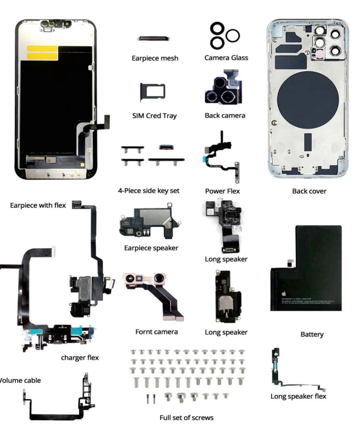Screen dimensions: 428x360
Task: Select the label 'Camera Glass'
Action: click(226, 58)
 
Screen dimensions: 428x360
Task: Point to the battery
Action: click(306, 268)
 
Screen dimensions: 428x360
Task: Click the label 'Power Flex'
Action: click(222, 191)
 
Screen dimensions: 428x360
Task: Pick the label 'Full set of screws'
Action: click(187, 417)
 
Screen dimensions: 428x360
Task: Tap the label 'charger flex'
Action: click(80, 358)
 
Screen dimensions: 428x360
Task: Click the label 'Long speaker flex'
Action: click(298, 396)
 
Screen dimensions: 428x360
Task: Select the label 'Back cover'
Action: click(309, 191)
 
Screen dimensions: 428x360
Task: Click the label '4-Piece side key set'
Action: click(149, 191)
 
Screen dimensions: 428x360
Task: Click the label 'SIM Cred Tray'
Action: click(155, 116)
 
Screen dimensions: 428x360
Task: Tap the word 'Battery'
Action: click(312, 334)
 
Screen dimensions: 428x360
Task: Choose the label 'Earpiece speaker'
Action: click(151, 248)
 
